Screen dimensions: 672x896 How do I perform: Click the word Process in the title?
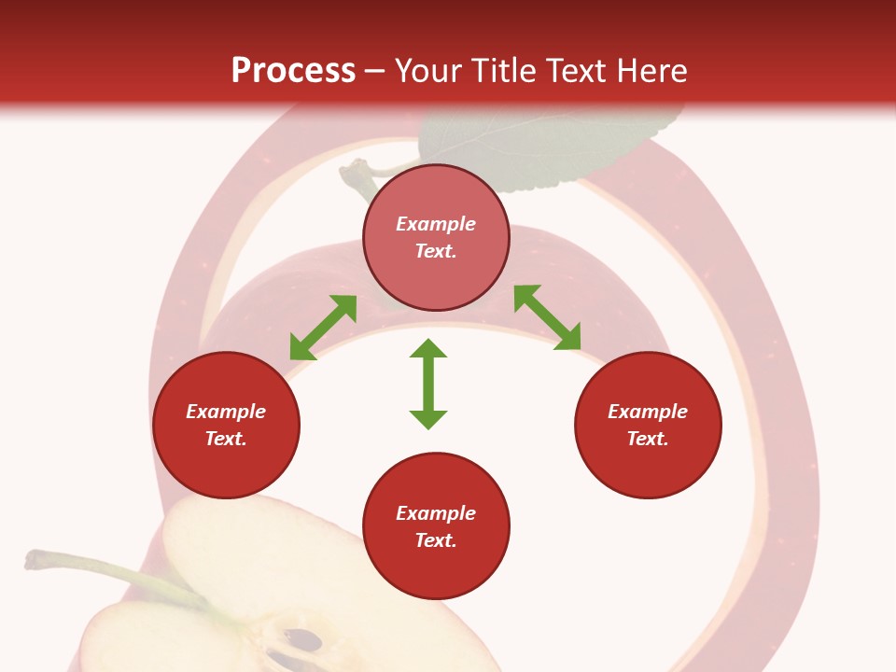(x=293, y=71)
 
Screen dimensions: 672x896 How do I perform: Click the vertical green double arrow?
(x=428, y=385)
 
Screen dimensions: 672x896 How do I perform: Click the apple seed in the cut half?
(x=303, y=640)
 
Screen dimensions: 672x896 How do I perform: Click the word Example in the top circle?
(x=436, y=224)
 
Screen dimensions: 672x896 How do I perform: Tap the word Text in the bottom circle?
(x=435, y=540)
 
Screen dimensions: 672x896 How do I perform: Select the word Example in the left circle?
(x=226, y=412)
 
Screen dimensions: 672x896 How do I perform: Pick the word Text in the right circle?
(x=647, y=439)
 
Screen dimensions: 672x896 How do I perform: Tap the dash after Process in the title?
(x=374, y=71)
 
